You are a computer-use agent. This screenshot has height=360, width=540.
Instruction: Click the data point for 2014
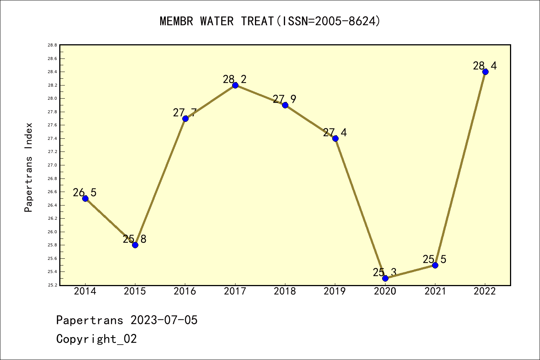point(85,198)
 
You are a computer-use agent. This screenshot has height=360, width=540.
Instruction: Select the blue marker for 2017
point(235,85)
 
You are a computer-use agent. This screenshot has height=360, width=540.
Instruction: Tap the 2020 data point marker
point(385,278)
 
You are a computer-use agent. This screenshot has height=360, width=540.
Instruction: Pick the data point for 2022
point(485,72)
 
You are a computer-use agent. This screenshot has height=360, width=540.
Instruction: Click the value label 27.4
point(335,132)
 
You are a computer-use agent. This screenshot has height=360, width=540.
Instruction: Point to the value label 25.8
point(135,239)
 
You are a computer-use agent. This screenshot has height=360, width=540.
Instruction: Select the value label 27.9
point(285,99)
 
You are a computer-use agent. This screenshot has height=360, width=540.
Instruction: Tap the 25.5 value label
point(435,259)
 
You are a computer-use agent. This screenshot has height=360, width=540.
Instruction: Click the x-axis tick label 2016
point(185,291)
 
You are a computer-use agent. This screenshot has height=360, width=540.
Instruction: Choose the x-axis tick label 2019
point(335,291)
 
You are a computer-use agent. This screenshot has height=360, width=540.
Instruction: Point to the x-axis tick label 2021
point(435,291)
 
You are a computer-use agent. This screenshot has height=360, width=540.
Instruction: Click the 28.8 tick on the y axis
point(52,45)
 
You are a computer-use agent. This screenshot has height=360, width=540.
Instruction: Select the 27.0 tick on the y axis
point(52,165)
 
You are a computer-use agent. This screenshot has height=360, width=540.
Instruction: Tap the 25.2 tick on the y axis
point(52,285)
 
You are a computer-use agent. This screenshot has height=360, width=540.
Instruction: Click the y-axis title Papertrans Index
point(28,167)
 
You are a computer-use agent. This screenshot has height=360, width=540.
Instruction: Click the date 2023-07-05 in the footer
point(164,320)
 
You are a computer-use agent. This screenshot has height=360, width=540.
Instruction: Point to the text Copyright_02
point(96,339)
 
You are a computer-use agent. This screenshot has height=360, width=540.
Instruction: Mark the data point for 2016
point(185,118)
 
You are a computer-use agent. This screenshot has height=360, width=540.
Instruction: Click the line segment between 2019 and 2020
point(360,208)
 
